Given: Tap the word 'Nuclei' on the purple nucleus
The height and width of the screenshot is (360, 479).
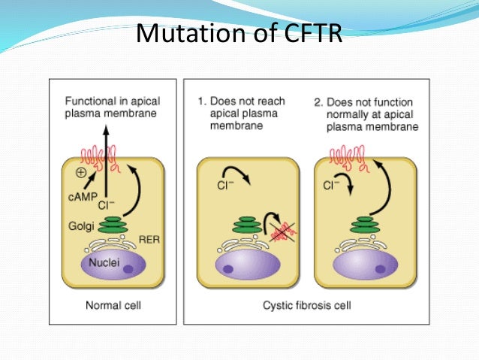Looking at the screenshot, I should click(102, 264).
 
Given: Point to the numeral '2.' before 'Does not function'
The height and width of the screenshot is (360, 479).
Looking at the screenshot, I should click(318, 100).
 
